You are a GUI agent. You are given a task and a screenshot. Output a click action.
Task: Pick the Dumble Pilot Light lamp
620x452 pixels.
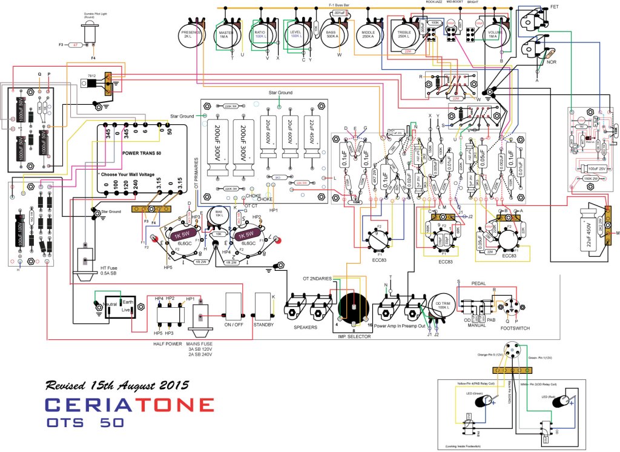[x=91, y=35]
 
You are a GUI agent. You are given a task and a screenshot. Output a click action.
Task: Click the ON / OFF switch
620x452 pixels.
[x=233, y=307]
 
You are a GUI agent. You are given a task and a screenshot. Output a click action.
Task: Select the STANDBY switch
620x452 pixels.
[x=263, y=307]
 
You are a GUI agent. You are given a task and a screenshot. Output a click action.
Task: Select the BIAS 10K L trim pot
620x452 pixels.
[x=219, y=216]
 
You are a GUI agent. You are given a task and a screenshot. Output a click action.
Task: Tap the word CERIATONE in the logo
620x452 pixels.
[x=130, y=405]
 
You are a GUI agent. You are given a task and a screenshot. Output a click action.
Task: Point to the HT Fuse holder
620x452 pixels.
[x=81, y=265]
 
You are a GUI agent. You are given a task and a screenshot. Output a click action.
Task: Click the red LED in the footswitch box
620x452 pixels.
[x=569, y=400]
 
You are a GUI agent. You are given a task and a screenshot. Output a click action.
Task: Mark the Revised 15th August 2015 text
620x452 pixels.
[x=117, y=385]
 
